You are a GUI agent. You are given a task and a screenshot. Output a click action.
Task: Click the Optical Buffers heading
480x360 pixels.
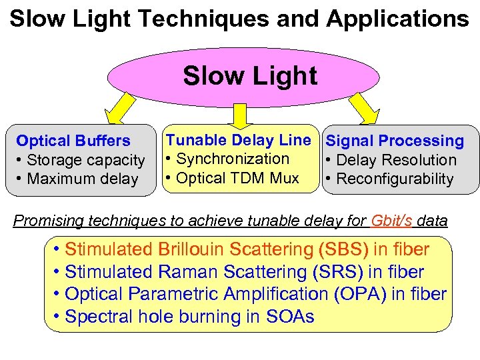click(x=73, y=141)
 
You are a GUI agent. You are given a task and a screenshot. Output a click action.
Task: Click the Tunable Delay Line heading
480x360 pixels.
click(x=238, y=140)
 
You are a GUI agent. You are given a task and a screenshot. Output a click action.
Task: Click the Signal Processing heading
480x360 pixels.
click(x=395, y=141)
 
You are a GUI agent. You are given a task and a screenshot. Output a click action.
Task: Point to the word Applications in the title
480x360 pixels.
click(x=398, y=18)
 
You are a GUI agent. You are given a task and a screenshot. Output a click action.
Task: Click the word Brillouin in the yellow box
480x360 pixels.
click(x=191, y=250)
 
